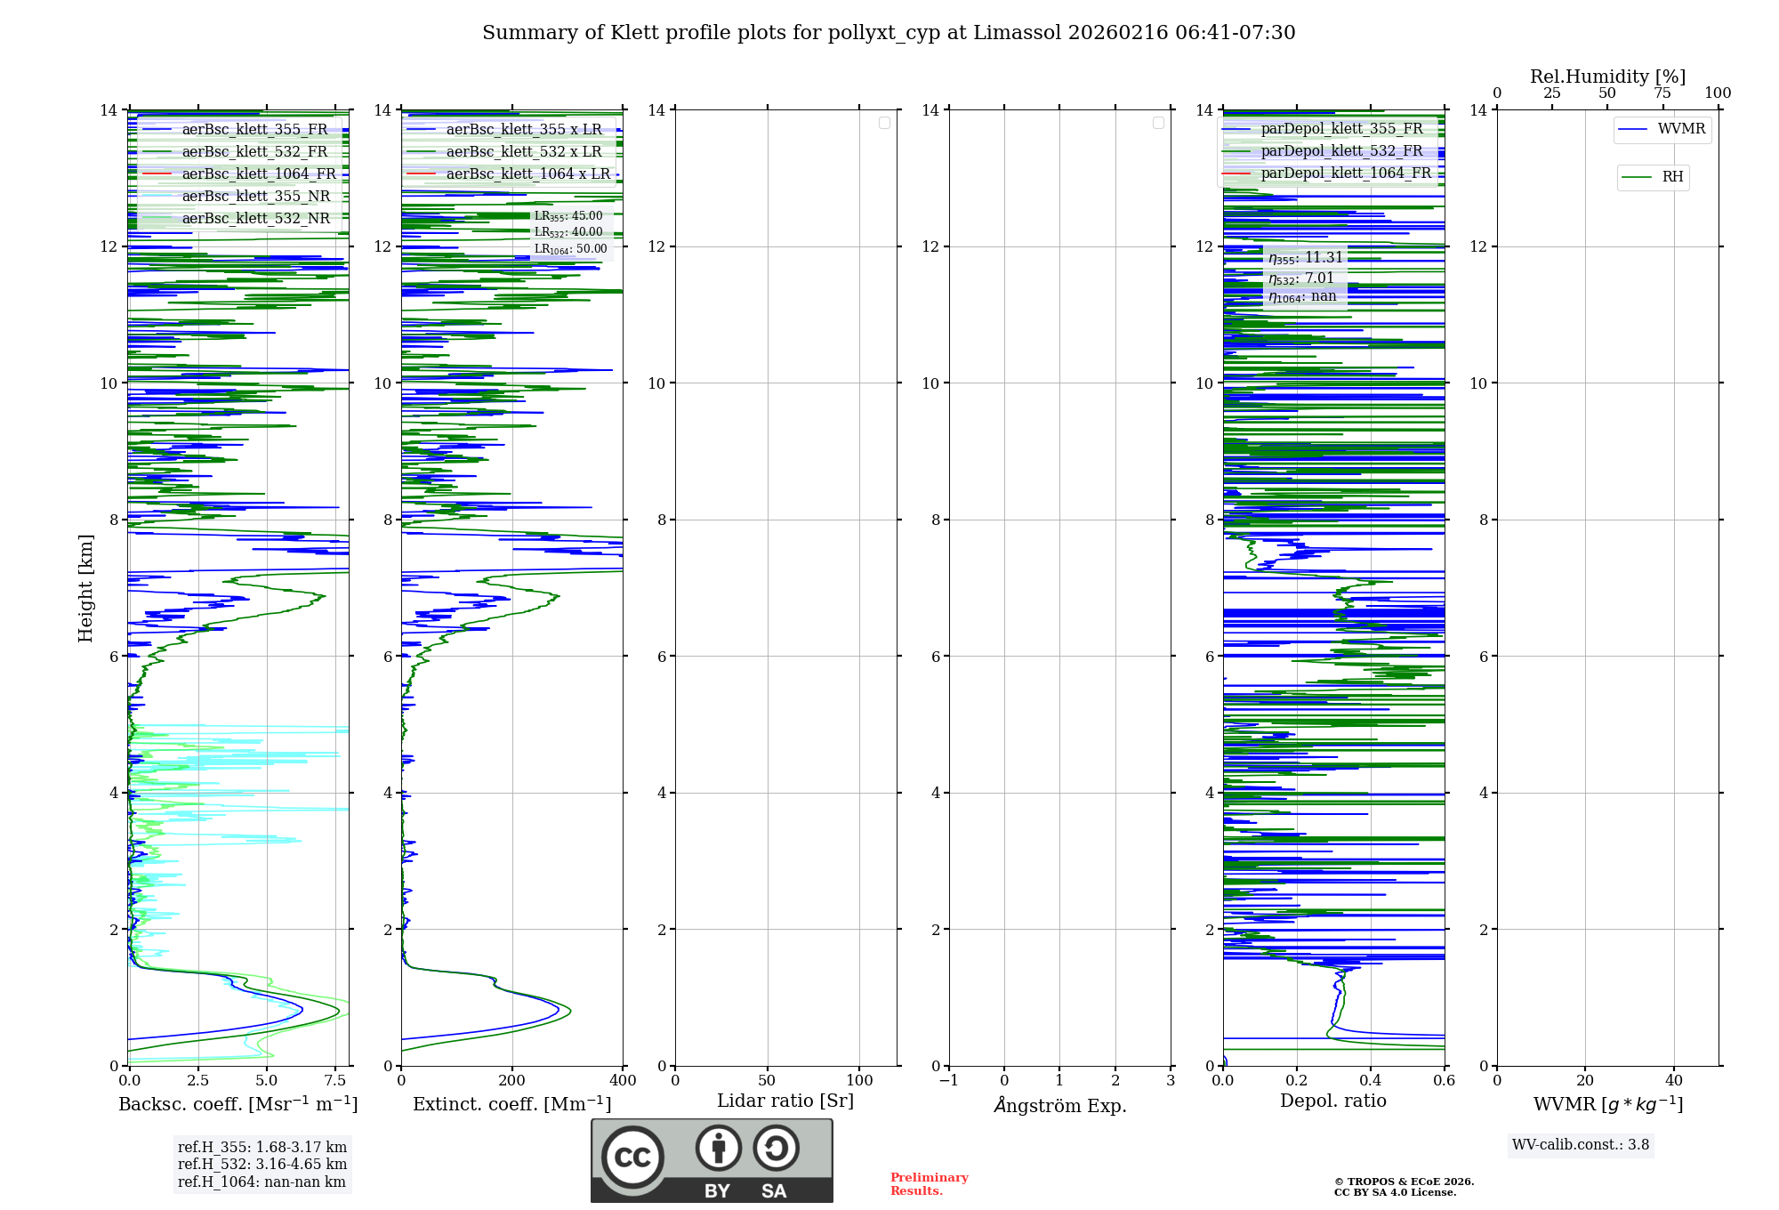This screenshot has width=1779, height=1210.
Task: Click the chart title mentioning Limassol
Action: (889, 33)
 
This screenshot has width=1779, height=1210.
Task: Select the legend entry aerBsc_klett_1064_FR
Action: (259, 173)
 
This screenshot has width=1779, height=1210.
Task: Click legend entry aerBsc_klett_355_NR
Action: (255, 196)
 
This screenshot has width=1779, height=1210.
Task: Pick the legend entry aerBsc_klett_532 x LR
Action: (524, 151)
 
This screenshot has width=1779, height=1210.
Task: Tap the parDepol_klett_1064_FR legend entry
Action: (1346, 173)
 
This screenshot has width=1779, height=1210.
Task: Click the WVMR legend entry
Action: (1681, 129)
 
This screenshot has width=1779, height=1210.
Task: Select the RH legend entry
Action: (1672, 177)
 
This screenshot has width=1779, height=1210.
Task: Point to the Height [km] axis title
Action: (85, 587)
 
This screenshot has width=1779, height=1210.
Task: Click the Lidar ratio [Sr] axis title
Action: (785, 1101)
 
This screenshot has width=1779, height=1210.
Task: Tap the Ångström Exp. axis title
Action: (1059, 1105)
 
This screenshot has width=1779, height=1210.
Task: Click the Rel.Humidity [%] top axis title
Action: (1607, 77)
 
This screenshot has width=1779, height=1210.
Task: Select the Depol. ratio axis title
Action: (1332, 1101)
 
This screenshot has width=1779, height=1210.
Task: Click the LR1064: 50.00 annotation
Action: (570, 249)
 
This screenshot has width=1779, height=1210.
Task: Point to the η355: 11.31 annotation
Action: (1305, 258)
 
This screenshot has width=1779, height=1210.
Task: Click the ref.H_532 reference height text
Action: (262, 1164)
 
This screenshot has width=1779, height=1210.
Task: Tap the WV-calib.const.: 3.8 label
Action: (1580, 1144)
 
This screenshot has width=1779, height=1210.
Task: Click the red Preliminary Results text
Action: (929, 1183)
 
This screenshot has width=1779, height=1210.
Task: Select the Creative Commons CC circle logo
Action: (632, 1158)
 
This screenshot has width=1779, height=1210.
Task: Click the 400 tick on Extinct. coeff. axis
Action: (623, 1080)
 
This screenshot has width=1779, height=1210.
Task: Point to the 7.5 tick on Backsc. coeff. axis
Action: (335, 1080)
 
